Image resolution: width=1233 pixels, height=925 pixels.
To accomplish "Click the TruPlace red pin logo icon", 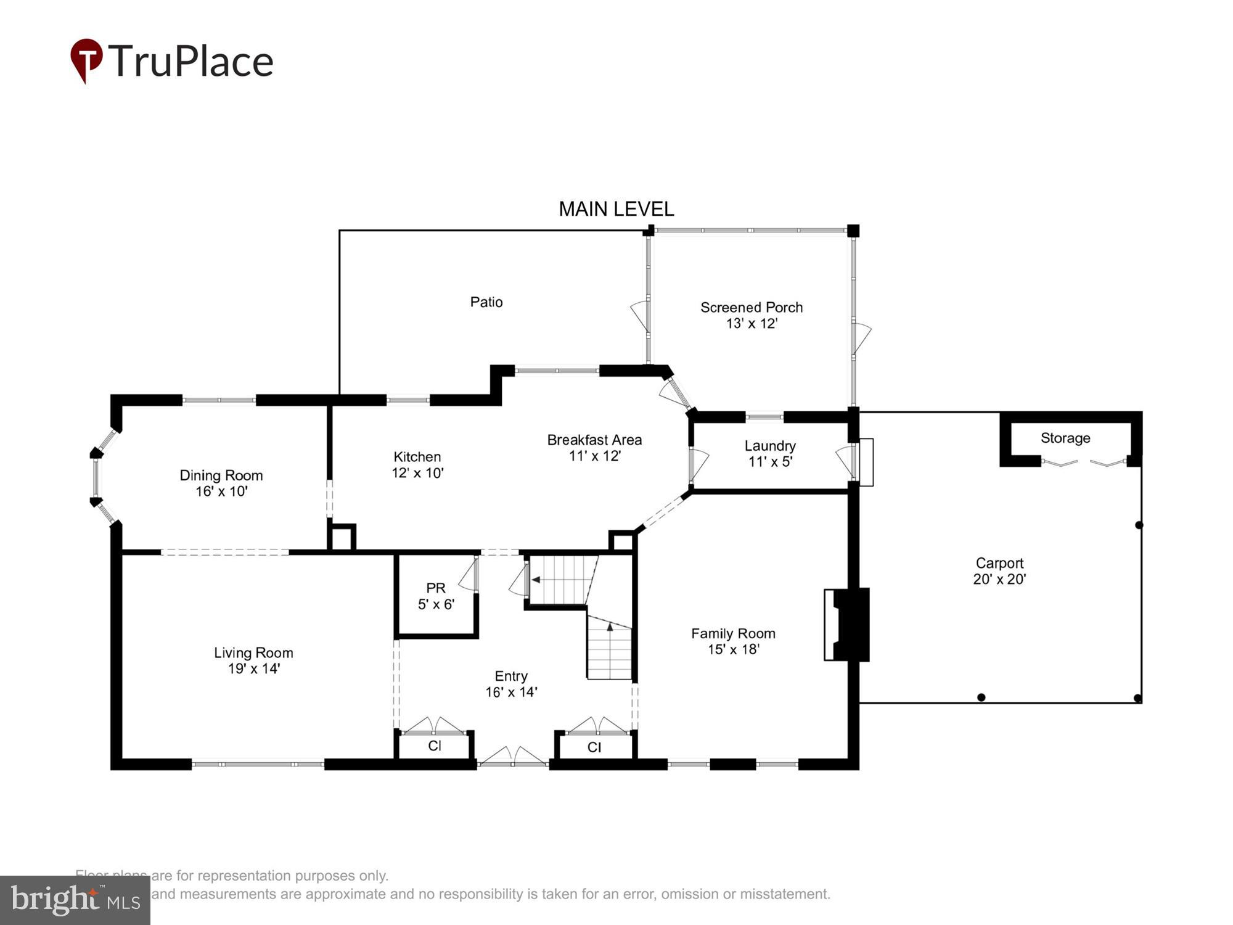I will (x=86, y=59).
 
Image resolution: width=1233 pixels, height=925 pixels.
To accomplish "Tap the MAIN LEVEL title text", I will (x=616, y=210).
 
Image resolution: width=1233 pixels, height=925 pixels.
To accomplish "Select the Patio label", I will (x=486, y=302).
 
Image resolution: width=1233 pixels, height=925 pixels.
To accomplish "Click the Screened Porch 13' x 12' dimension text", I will (x=752, y=324).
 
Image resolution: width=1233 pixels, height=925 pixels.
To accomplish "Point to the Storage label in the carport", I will (x=1065, y=438).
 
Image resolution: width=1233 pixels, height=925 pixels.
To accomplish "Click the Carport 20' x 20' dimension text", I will (x=999, y=579).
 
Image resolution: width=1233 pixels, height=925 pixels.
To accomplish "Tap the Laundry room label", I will (x=770, y=446).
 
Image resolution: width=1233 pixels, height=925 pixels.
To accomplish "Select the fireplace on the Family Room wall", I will (x=848, y=625).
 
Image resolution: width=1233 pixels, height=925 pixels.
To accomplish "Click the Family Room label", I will (x=733, y=633).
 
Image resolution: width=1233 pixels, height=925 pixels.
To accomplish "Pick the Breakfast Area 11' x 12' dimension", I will (x=594, y=456).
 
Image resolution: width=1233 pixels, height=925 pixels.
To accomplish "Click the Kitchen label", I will (x=417, y=457).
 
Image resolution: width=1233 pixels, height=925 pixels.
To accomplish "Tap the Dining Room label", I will (x=221, y=475).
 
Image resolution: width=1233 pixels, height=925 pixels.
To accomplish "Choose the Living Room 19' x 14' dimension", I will (x=254, y=668).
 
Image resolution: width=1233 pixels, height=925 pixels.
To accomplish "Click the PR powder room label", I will (x=436, y=588).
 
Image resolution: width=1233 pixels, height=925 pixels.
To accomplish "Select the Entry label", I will (x=511, y=676).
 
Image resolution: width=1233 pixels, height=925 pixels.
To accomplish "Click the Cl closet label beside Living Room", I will (x=435, y=746).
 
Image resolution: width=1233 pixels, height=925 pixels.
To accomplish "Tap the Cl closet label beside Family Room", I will (x=594, y=747).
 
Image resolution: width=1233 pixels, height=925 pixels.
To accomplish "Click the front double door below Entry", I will (x=513, y=757).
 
